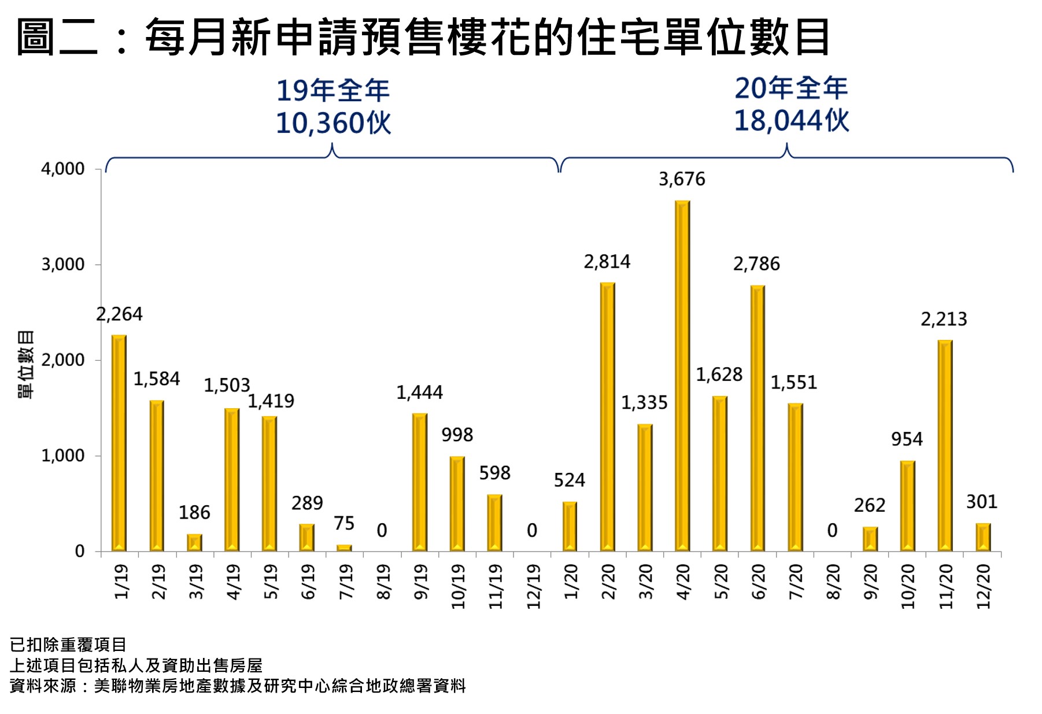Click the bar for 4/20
(682, 376)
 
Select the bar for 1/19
(119, 443)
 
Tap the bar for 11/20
(945, 445)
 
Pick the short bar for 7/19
(344, 547)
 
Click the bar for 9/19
(420, 482)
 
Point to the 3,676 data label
(682, 179)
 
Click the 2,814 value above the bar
(607, 262)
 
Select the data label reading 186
(194, 512)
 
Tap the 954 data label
(907, 439)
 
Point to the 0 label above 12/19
(532, 530)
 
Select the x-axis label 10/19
(457, 586)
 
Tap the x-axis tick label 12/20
(983, 586)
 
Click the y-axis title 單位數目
(26, 364)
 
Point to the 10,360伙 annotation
(333, 123)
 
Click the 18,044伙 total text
(791, 121)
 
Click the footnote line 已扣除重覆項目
(68, 644)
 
